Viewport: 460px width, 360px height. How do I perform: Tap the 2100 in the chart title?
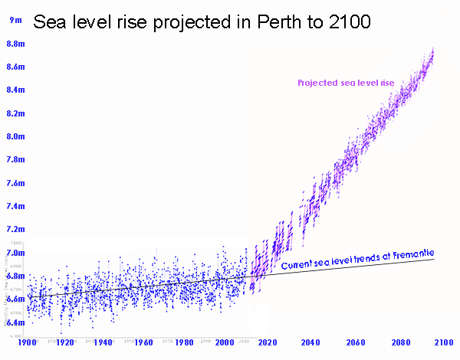[x=350, y=23]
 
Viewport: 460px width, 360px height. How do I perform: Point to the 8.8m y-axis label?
[x=15, y=44]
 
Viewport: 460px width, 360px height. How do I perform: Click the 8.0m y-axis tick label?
[x=15, y=136]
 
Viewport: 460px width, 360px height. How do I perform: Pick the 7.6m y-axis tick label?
[x=15, y=183]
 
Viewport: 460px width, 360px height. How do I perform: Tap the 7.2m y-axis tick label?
[x=15, y=229]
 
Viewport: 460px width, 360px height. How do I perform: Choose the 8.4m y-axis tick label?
[x=15, y=90]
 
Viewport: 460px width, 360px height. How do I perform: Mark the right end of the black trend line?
[x=435, y=259]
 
